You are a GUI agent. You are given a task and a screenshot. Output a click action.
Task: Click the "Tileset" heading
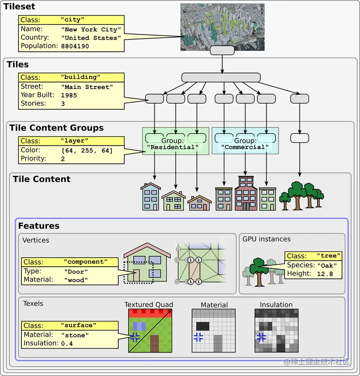pyautogui.click(x=19, y=7)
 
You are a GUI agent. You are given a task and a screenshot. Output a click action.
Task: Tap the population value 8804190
pyautogui.click(x=75, y=46)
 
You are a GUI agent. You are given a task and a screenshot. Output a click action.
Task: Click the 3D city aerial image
pyautogui.click(x=222, y=27)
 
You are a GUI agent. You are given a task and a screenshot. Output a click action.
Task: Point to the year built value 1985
pyautogui.click(x=69, y=95)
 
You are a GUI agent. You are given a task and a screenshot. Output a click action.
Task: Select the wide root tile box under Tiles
pyautogui.click(x=221, y=77)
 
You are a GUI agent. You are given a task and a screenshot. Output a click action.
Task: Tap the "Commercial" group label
pyautogui.click(x=245, y=147)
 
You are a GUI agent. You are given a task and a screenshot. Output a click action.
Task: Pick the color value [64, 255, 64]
pyautogui.click(x=87, y=150)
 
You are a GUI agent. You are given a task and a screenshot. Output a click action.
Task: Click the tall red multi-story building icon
pyautogui.click(x=246, y=193)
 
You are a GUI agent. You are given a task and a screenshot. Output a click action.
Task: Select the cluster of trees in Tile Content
pyautogui.click(x=301, y=196)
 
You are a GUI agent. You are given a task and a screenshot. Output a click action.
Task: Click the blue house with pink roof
pyautogui.click(x=151, y=197)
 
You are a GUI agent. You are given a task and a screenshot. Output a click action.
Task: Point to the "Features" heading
pyautogui.click(x=38, y=226)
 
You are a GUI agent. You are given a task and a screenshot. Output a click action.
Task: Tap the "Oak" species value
pyautogui.click(x=327, y=265)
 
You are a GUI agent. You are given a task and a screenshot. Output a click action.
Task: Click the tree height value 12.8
pyautogui.click(x=324, y=274)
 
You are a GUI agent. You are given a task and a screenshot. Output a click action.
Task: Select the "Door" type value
pyautogui.click(x=76, y=272)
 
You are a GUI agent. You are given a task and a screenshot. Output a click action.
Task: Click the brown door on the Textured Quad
pyautogui.click(x=154, y=344)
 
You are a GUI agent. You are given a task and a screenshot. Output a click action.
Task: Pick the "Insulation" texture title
pyautogui.click(x=276, y=305)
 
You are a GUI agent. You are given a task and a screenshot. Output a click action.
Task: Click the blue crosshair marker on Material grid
pyautogui.click(x=198, y=337)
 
